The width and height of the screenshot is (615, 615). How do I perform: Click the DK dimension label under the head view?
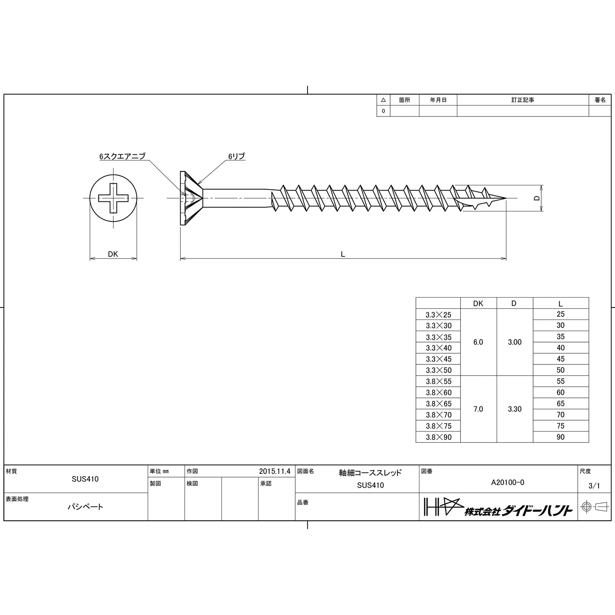(113, 254)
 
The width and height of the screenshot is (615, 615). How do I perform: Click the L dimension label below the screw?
(343, 254)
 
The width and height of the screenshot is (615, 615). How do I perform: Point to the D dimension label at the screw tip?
(537, 198)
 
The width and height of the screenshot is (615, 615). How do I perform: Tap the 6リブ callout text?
(236, 156)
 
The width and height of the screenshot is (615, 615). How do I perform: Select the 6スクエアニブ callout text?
(122, 156)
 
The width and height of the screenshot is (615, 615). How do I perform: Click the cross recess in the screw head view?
(113, 198)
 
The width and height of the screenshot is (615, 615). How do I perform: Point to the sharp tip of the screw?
(506, 198)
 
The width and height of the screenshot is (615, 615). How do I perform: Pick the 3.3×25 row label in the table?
(438, 315)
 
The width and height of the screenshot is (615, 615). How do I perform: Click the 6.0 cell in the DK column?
(478, 342)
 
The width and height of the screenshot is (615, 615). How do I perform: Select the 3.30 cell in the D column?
(515, 409)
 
